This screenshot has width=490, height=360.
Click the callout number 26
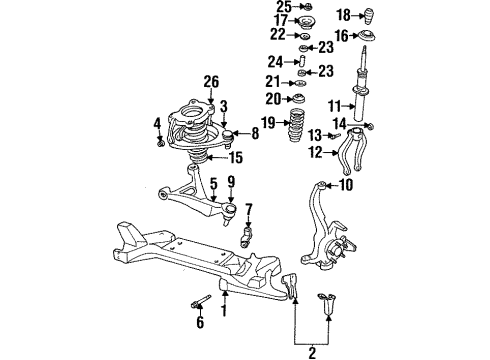pyautogui.click(x=210, y=81)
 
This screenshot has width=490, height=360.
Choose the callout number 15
pyautogui.click(x=237, y=158)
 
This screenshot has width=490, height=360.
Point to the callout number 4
pyautogui.click(x=156, y=124)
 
